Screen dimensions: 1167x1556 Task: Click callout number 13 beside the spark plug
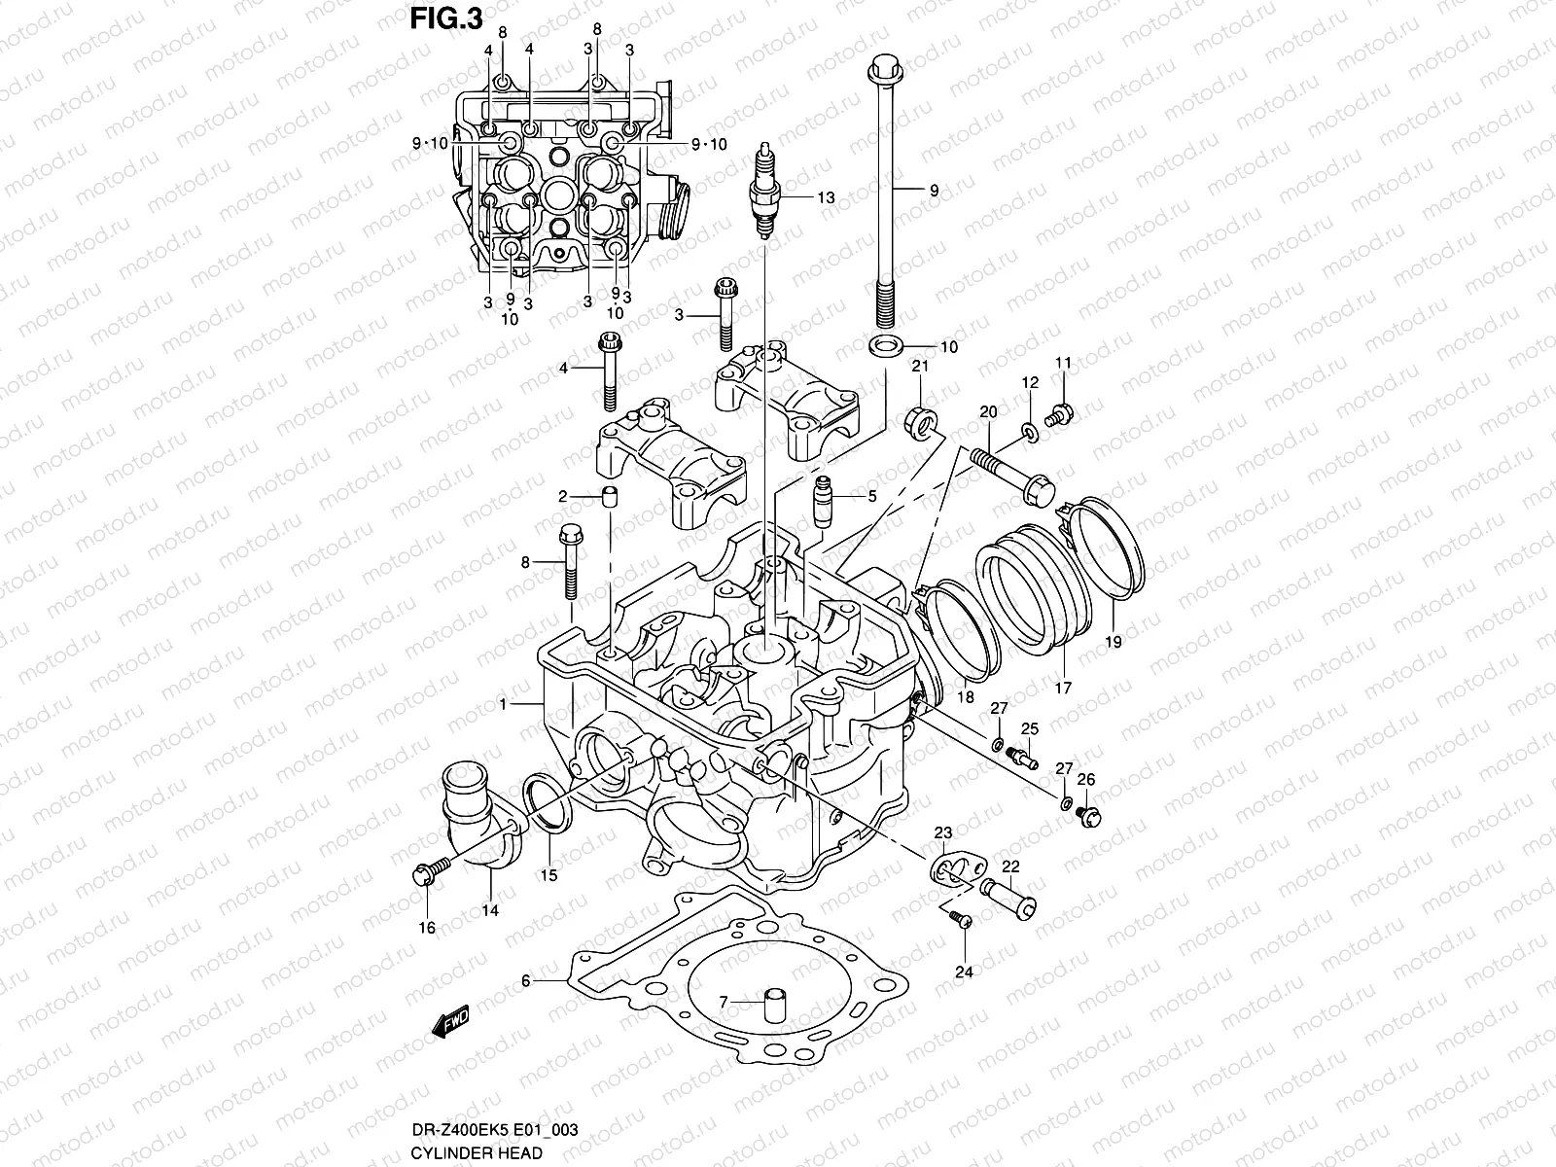tap(826, 197)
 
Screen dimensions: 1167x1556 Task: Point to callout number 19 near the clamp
tap(1114, 642)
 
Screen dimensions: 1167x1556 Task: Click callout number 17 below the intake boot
tap(1062, 688)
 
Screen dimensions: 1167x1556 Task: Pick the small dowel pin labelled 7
tap(775, 1004)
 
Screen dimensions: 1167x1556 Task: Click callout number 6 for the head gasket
tap(526, 981)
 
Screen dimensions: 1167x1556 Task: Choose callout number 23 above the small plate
tap(943, 832)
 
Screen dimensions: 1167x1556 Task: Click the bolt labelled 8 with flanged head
tap(570, 558)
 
